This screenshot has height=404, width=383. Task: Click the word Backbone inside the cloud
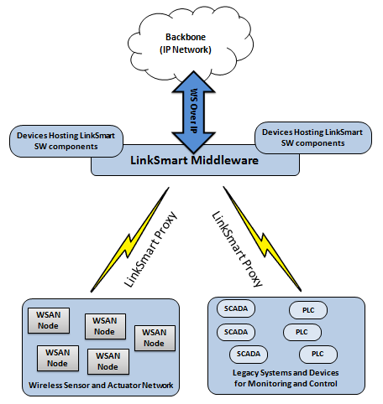click(x=186, y=37)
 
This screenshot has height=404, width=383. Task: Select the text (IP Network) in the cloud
click(x=186, y=49)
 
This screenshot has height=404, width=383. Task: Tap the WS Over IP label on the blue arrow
click(x=194, y=111)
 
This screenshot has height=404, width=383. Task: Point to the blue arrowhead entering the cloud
click(x=193, y=81)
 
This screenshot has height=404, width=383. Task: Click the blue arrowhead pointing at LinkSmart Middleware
click(x=193, y=142)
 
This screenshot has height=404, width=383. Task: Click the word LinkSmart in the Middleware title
click(x=159, y=160)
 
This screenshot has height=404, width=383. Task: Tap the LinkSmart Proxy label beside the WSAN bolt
click(x=150, y=250)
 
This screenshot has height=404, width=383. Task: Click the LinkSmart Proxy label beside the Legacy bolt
click(x=238, y=249)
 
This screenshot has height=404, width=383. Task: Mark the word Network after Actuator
click(x=158, y=386)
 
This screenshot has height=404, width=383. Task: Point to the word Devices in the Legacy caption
click(x=324, y=373)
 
